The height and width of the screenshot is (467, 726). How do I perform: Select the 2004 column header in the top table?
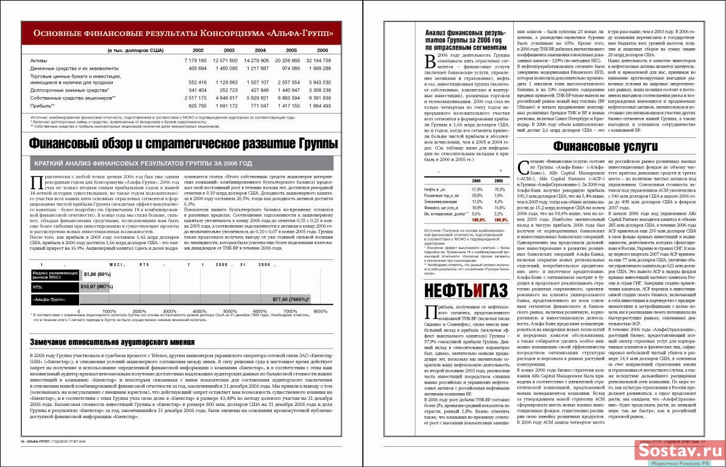tap(260, 50)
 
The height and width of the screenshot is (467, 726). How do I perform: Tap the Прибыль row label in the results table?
tap(42, 106)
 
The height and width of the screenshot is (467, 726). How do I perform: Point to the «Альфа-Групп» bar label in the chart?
tap(54, 300)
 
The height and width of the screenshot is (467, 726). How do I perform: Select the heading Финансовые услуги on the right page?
tap(606, 147)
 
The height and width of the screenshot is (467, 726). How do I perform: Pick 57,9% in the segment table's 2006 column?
tap(477, 190)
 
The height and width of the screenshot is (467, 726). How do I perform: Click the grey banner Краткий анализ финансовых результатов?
tap(143, 164)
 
